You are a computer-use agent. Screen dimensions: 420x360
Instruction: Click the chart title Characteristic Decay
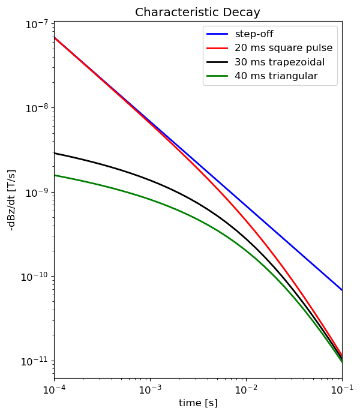point(197,13)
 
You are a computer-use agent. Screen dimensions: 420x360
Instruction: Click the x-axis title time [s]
point(198,403)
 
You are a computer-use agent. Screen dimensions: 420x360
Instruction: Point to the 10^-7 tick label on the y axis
point(37,25)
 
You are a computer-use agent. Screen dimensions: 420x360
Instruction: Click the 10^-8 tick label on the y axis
point(37,109)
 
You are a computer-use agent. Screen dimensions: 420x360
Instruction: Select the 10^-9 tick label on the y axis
point(37,193)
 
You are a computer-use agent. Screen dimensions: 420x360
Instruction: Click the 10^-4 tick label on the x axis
point(54,389)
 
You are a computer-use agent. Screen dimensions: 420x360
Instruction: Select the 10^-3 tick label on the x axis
point(150,389)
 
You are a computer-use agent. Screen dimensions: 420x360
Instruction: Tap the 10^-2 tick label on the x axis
point(246,389)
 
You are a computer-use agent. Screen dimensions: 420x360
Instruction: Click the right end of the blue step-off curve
point(341,290)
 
